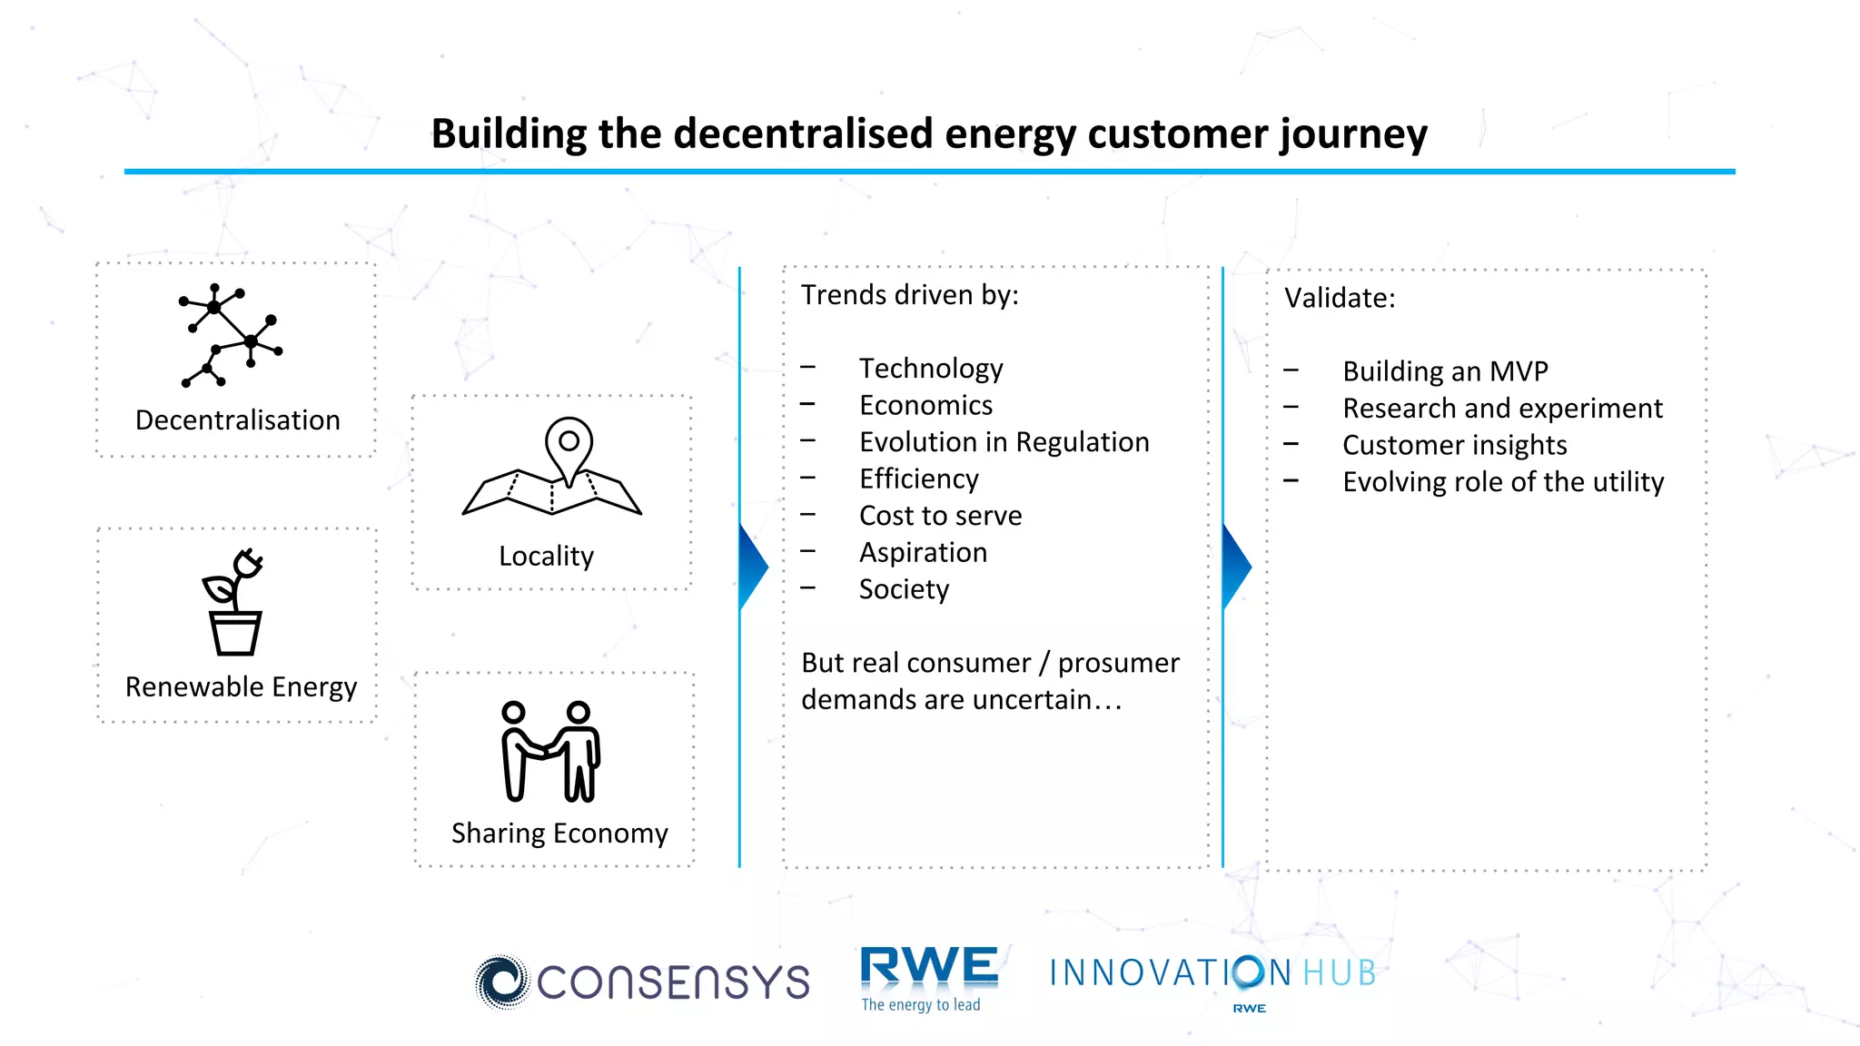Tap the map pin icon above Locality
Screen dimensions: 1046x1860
552,467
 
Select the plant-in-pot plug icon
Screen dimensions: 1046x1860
234,602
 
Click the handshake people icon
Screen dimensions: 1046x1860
550,752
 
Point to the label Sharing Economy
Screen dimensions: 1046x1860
559,833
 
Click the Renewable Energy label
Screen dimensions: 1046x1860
241,686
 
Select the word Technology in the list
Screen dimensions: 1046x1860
931,368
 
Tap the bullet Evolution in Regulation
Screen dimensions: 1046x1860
1004,442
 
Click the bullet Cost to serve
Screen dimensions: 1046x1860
940,516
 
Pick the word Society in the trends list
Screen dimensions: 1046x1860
904,589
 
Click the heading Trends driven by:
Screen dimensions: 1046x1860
909,295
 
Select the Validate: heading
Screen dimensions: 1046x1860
1340,298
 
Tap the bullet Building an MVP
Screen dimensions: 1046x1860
1445,371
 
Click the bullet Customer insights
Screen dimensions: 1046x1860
1454,445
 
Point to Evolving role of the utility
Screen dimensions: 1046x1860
1503,482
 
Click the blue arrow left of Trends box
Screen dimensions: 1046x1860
752,567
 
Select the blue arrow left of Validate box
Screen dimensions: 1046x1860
1235,567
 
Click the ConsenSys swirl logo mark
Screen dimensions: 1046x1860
501,982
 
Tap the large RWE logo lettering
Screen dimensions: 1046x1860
928,966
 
